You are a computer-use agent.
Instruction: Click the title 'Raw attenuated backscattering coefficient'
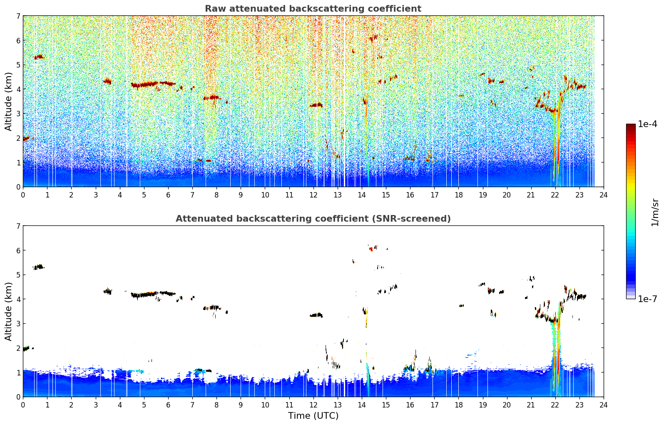(313, 9)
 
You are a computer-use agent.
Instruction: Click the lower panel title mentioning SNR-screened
(313, 218)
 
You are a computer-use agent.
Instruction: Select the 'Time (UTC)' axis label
(313, 416)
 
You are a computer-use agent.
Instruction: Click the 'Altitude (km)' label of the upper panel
(8, 101)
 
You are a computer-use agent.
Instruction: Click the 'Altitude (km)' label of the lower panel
(8, 311)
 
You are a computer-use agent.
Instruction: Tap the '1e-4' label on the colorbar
(647, 124)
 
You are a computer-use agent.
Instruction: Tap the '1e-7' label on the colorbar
(647, 299)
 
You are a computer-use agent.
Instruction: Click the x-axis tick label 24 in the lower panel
(604, 405)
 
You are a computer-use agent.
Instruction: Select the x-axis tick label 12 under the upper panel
(313, 195)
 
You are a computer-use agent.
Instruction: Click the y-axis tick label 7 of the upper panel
(18, 16)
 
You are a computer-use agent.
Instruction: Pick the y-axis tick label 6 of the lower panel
(18, 250)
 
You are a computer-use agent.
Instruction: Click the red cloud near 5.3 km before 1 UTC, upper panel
(39, 57)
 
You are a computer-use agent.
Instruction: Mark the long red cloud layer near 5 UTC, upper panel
(144, 85)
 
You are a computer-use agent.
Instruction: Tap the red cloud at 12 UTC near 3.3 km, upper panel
(316, 105)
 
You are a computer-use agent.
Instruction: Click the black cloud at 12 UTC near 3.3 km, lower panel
(316, 315)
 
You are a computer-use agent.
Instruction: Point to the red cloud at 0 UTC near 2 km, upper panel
(26, 139)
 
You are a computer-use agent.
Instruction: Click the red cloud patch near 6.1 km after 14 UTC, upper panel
(373, 37)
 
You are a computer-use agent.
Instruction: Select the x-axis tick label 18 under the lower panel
(459, 405)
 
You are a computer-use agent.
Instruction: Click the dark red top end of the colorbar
(631, 125)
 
